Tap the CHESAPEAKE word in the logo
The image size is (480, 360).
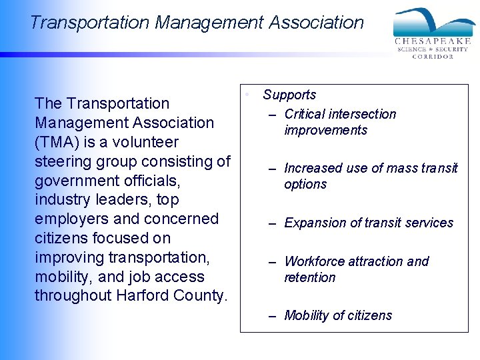coord(433,41)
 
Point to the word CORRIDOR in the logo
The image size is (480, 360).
coord(433,57)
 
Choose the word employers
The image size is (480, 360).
coord(73,219)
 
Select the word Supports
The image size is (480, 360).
coord(289,95)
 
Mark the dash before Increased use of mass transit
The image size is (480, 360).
coord(272,169)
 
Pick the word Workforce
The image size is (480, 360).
coord(316,261)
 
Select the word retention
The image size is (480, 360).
coord(310,277)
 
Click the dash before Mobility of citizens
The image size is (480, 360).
coord(272,317)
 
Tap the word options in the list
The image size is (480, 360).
coord(305,184)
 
